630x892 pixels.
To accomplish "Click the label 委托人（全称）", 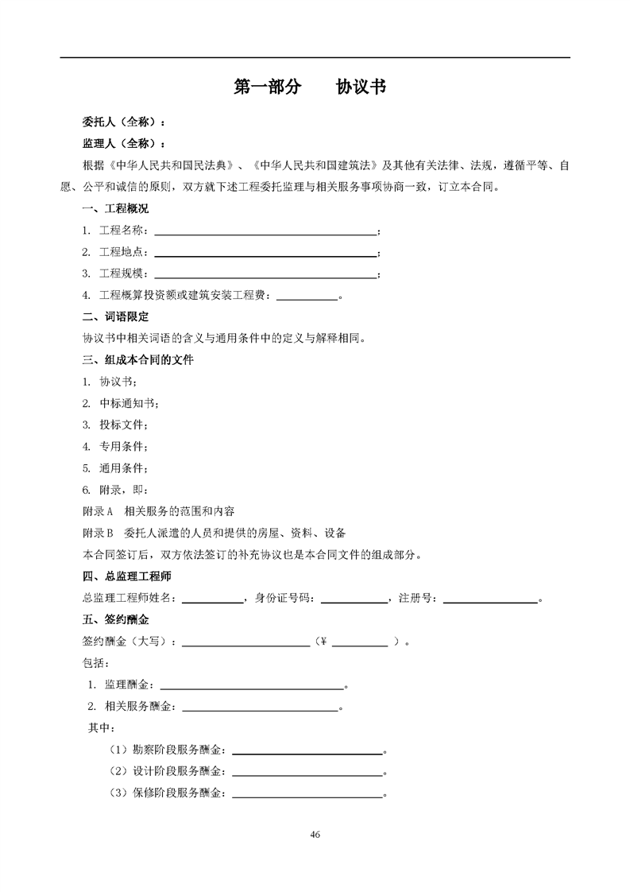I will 124,123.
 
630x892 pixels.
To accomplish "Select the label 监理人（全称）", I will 124,144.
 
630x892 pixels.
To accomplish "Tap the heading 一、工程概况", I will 115,209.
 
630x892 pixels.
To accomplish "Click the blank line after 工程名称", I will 265,231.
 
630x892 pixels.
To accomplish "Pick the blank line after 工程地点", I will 265,253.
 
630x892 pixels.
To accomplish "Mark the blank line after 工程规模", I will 265,274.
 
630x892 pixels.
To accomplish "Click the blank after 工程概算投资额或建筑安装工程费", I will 306,296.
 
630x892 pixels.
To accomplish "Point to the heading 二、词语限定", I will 115,316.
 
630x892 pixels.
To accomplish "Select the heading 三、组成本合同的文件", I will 138,360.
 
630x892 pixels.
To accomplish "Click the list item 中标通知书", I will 128,403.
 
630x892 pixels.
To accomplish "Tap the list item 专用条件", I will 122,446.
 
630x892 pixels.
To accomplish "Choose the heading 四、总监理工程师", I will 127,576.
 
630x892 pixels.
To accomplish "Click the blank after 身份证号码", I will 354,598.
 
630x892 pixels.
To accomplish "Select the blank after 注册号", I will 490,598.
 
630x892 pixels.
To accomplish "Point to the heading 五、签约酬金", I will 115,619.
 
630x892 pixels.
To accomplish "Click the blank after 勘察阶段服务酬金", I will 307,749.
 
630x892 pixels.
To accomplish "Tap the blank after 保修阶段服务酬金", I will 307,793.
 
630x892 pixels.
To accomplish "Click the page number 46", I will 315,834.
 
